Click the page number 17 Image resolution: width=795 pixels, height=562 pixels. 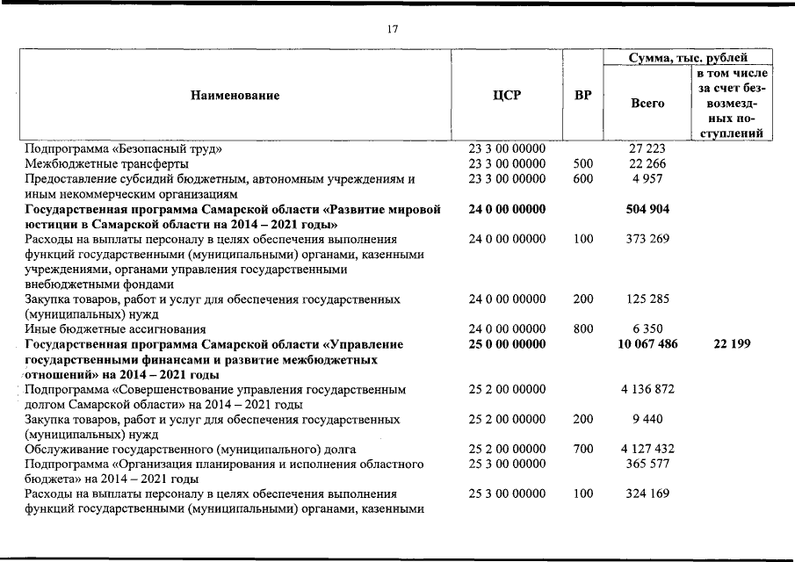pyautogui.click(x=393, y=30)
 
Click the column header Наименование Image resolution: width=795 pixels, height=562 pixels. pyautogui.click(x=235, y=96)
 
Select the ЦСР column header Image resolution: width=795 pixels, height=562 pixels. pyautogui.click(x=507, y=96)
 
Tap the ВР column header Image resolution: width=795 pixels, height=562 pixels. pyautogui.click(x=582, y=96)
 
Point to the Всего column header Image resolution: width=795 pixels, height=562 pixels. pyautogui.click(x=647, y=104)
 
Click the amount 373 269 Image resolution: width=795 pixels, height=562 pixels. pyautogui.click(x=647, y=239)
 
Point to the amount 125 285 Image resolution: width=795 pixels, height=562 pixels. pyautogui.click(x=647, y=299)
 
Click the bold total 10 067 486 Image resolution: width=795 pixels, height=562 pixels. pyautogui.click(x=647, y=344)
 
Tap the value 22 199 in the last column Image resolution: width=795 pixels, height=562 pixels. pyautogui.click(x=731, y=344)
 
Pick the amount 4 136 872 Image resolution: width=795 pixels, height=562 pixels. pyautogui.click(x=647, y=389)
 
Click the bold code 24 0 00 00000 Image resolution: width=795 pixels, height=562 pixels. pyautogui.click(x=507, y=209)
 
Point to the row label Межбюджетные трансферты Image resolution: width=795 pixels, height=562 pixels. pyautogui.click(x=106, y=163)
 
